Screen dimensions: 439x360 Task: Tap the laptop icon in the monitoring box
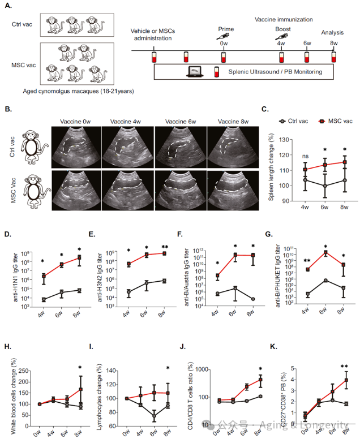coord(194,72)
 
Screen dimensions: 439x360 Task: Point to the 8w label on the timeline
coord(333,43)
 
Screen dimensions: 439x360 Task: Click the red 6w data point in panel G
coord(326,252)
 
